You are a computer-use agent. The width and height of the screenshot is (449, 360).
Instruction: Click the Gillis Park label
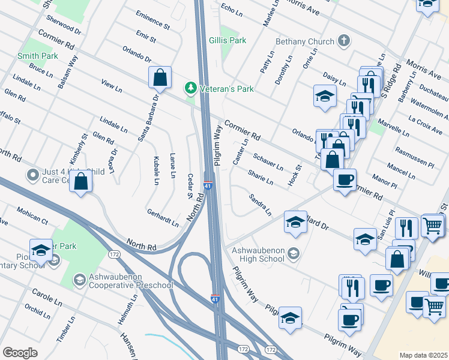pyautogui.click(x=228, y=41)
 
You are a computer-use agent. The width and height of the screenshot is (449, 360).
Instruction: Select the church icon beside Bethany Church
pyautogui.click(x=343, y=41)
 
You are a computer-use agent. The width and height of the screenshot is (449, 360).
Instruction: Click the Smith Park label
pyautogui.click(x=37, y=56)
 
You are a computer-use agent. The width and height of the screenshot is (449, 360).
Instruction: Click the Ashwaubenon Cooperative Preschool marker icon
pyautogui.click(x=79, y=280)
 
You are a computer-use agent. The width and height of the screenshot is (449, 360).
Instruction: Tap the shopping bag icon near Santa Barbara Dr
pyautogui.click(x=160, y=78)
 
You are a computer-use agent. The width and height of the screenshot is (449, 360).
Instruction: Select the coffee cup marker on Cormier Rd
pyautogui.click(x=345, y=180)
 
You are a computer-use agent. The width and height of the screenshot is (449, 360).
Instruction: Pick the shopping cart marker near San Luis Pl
pyautogui.click(x=433, y=226)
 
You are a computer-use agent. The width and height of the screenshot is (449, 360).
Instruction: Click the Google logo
pyautogui.click(x=20, y=352)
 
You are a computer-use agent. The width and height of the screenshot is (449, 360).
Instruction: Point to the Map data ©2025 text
pyautogui.click(x=423, y=355)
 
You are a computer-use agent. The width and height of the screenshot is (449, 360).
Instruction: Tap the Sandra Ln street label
pyautogui.click(x=260, y=205)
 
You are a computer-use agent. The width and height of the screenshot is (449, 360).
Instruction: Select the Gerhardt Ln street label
pyautogui.click(x=163, y=217)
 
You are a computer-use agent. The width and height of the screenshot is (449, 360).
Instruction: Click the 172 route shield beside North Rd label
pyautogui.click(x=114, y=255)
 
